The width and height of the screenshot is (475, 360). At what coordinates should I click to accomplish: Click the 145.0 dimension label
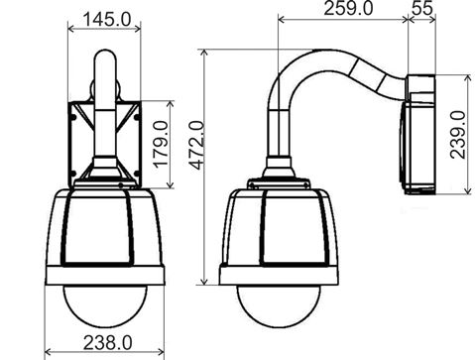pyautogui.click(x=107, y=20)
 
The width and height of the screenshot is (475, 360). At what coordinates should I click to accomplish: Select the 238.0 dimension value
pyautogui.click(x=107, y=342)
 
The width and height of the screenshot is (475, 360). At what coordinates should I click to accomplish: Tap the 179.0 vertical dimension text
pyautogui.click(x=162, y=144)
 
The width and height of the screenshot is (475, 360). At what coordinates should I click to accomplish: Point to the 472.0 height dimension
pyautogui.click(x=197, y=146)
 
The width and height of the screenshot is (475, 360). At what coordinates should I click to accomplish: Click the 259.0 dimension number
pyautogui.click(x=348, y=8)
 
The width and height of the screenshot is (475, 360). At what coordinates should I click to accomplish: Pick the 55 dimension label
pyautogui.click(x=422, y=8)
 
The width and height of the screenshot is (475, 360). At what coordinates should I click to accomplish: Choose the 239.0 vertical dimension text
pyautogui.click(x=458, y=135)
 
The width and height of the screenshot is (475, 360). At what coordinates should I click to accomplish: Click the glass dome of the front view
pyautogui.click(x=104, y=305)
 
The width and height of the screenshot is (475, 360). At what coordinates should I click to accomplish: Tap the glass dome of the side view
pyautogui.click(x=279, y=306)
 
